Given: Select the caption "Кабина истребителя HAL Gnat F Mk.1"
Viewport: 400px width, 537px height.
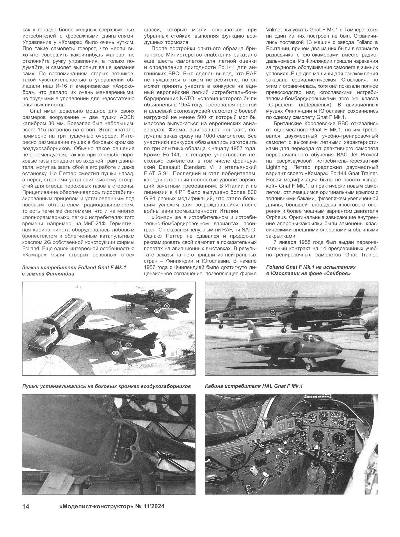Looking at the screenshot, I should [x=254, y=386].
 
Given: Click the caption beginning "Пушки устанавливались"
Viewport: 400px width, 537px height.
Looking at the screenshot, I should [x=106, y=386].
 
